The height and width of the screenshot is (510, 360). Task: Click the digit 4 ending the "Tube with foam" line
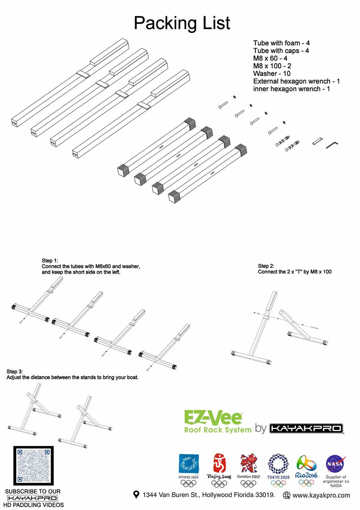pyautogui.click(x=308, y=43)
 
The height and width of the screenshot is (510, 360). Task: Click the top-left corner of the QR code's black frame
pyautogui.click(x=13, y=446)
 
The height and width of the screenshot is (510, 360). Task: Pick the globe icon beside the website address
pyautogui.click(x=287, y=495)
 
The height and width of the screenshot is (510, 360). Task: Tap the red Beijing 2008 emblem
pyautogui.click(x=219, y=463)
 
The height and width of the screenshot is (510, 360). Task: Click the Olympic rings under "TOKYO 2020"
pyautogui.click(x=278, y=483)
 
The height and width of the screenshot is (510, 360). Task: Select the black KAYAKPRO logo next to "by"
pyautogui.click(x=307, y=428)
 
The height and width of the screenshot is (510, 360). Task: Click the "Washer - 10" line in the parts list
pyautogui.click(x=272, y=73)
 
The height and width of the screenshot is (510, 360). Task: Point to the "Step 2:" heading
pyautogui.click(x=266, y=266)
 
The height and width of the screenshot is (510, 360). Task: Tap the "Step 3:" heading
pyautogui.click(x=14, y=371)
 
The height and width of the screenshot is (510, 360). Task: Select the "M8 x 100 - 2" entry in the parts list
pyautogui.click(x=272, y=66)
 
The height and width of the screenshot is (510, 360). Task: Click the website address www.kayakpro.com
pyautogui.click(x=321, y=495)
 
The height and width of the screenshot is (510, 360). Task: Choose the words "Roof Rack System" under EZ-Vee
pyautogui.click(x=218, y=430)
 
